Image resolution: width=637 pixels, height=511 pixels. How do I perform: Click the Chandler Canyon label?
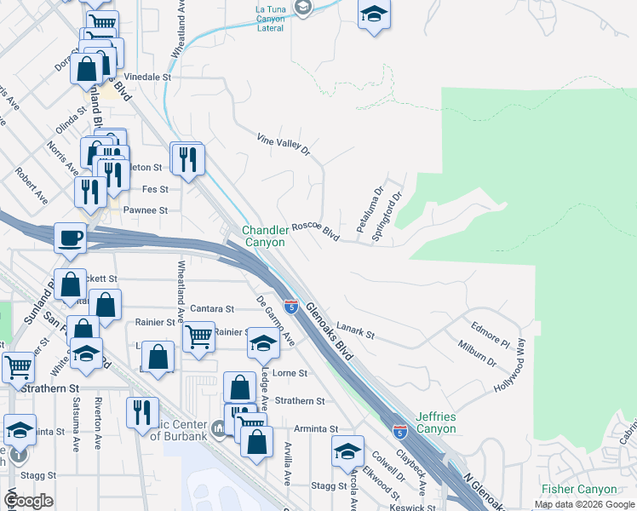(264, 236)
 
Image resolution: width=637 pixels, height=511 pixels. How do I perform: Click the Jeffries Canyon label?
(436, 422)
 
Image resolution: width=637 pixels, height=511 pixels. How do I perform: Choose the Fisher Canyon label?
(579, 489)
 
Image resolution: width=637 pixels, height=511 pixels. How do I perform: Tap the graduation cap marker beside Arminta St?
(347, 451)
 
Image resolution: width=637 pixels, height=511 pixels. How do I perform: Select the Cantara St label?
(212, 308)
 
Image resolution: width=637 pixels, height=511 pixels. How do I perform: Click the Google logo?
(28, 501)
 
